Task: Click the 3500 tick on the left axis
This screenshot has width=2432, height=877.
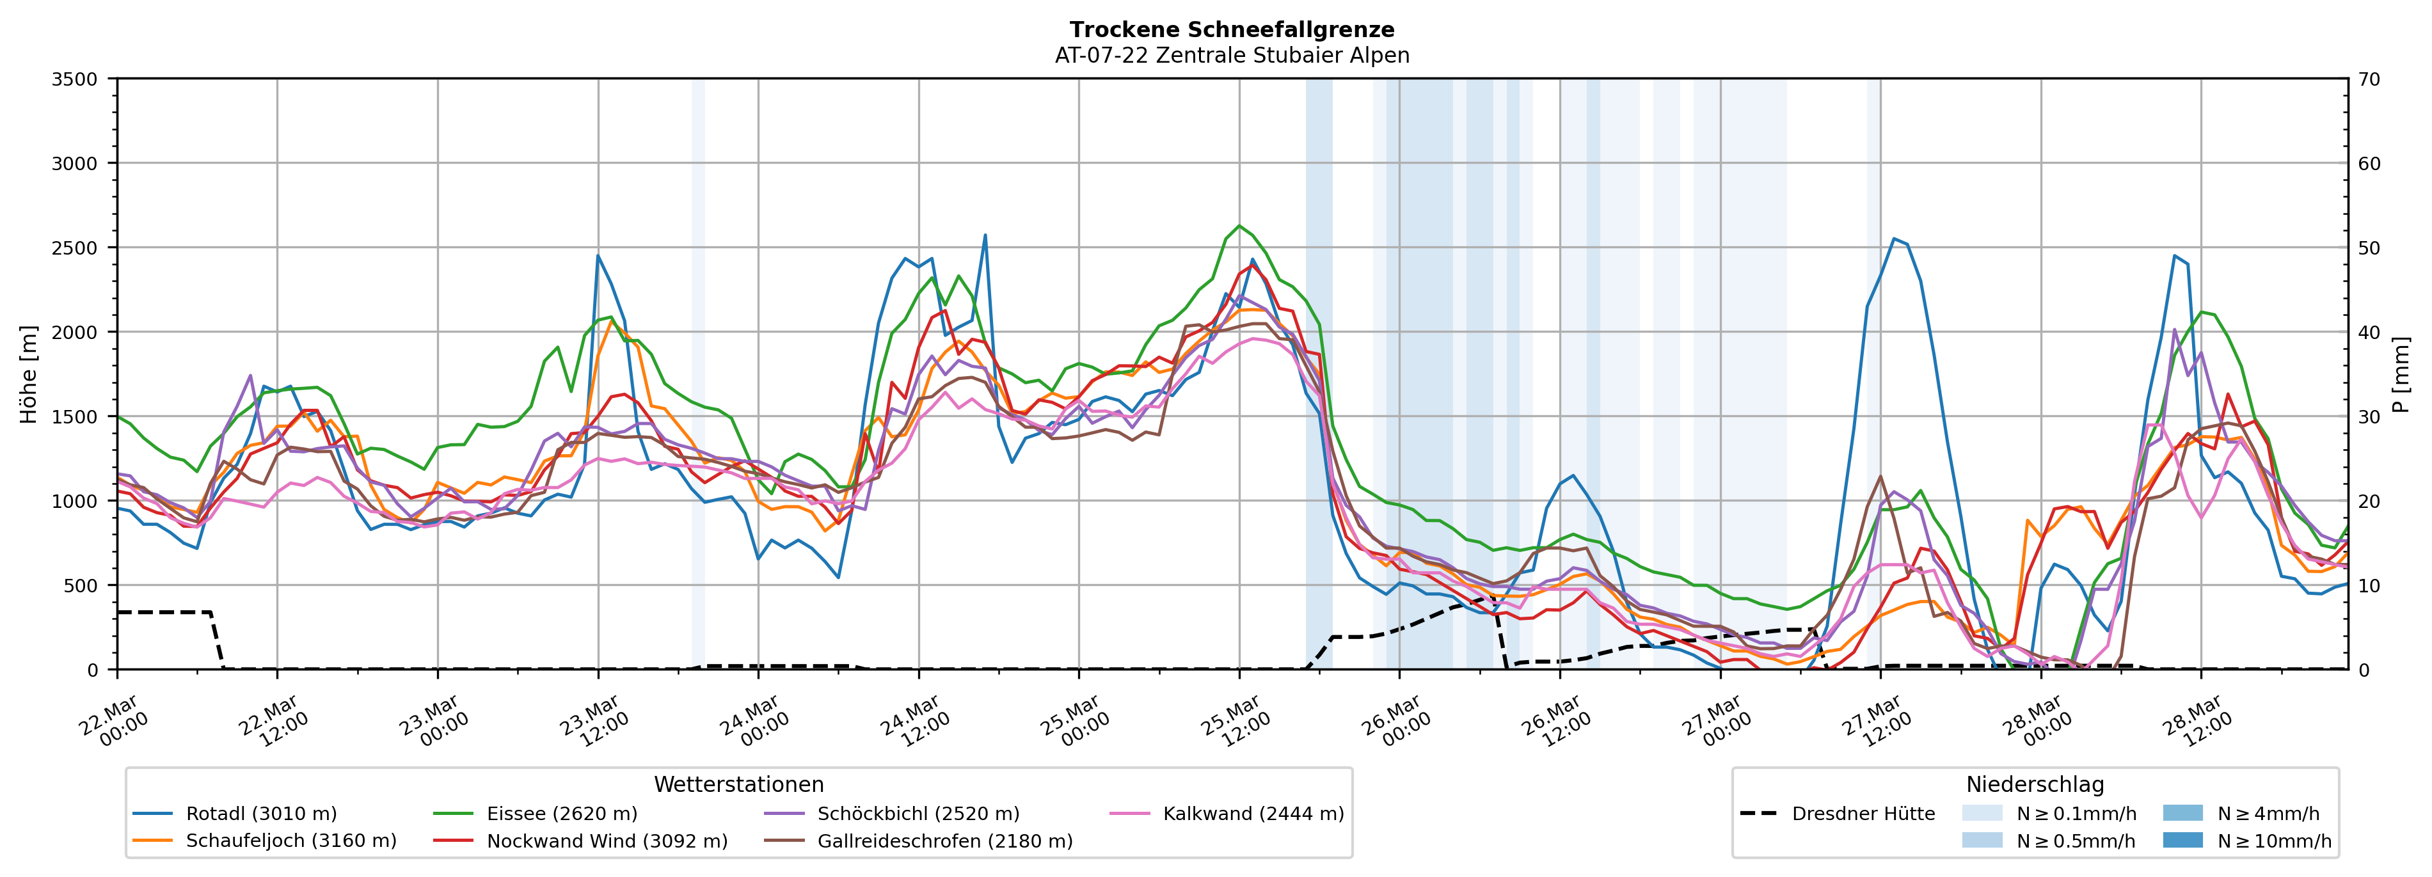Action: pos(75,79)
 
